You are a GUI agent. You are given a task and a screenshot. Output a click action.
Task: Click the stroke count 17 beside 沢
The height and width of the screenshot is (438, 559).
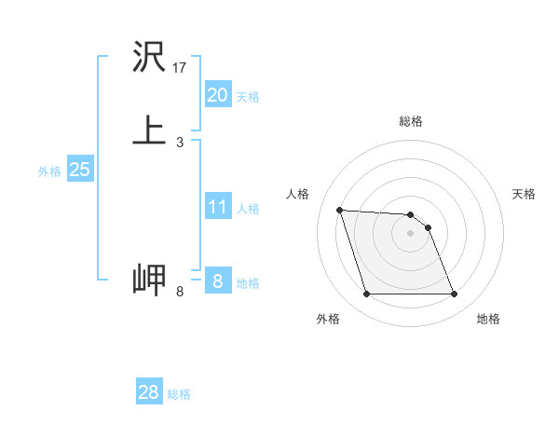pos(180,68)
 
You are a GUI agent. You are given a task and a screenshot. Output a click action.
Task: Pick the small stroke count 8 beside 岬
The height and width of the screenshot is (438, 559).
pos(180,292)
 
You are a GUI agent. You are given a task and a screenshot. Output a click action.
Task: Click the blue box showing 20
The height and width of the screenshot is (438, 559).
pos(217,94)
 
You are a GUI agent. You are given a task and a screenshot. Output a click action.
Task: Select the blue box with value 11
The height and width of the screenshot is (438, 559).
pos(217,207)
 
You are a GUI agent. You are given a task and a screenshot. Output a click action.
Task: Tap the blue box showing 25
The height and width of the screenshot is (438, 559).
pos(79,170)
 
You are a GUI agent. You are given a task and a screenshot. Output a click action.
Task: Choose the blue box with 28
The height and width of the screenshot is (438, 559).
pos(149,392)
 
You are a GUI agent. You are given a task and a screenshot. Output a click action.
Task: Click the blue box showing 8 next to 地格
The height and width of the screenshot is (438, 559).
pos(217,281)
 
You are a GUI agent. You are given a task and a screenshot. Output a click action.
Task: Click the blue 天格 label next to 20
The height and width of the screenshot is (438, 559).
pos(248,96)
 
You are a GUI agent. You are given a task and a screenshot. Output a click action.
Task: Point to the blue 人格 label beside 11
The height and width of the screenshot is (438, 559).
pos(248,209)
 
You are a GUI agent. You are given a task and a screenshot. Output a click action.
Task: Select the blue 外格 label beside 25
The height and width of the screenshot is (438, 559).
pos(49,171)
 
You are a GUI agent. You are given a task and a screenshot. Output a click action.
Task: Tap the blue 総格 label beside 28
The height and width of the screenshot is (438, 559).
pos(179,394)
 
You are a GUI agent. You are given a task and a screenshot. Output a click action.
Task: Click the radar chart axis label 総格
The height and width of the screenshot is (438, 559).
pos(411,122)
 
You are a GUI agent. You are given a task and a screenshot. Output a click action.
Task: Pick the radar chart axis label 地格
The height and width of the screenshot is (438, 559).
pos(488,320)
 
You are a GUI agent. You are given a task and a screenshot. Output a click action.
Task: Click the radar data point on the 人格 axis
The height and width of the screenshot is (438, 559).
pos(340,210)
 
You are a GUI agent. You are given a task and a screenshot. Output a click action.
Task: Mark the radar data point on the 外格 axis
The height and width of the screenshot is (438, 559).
pos(366,294)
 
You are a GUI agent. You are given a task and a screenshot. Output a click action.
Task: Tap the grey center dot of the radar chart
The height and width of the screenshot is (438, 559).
pos(411,233)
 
